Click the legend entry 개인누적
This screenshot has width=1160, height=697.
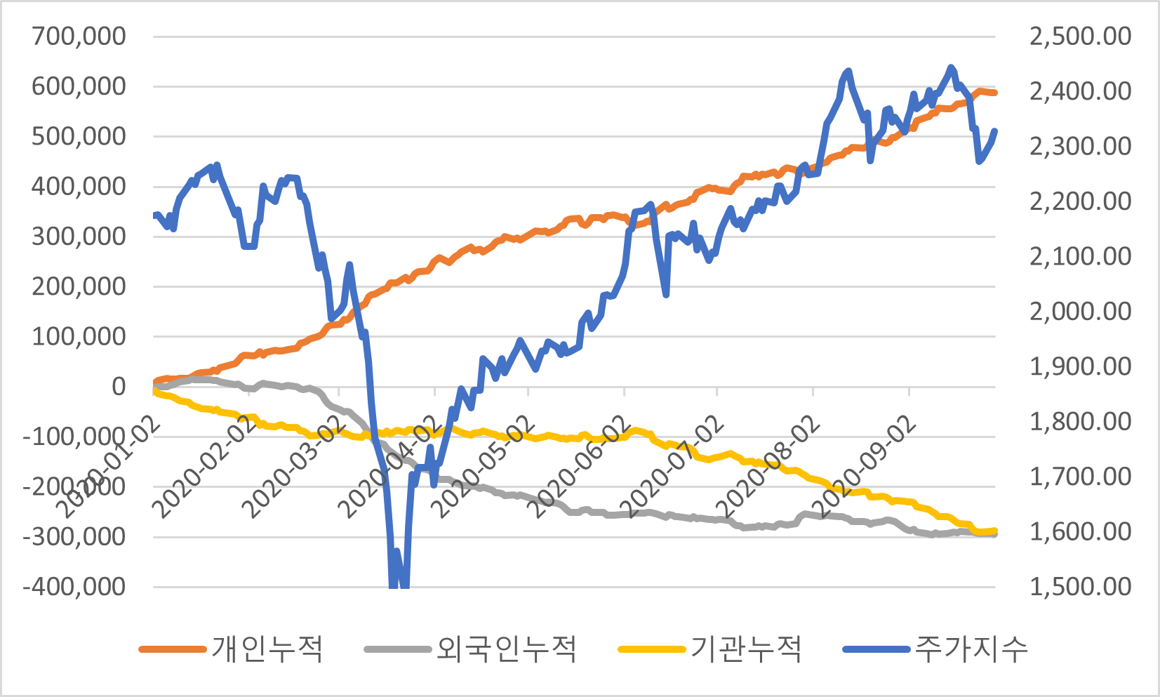(267, 649)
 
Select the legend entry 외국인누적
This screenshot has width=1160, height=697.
(506, 649)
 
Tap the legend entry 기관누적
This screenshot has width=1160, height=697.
(745, 649)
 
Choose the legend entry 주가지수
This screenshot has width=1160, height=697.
(971, 649)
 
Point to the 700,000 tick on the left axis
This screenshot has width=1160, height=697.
(79, 36)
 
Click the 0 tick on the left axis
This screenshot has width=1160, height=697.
(119, 386)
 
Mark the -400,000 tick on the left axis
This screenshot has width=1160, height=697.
(74, 586)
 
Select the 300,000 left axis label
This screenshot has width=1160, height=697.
(79, 236)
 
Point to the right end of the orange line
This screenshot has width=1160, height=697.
(994, 93)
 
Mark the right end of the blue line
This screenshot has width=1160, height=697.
(994, 131)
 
